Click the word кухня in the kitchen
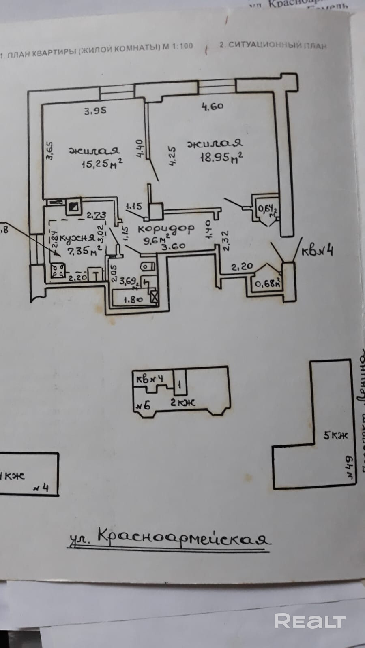[77, 238]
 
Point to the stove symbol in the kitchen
[58, 271]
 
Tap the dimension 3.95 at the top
[95, 111]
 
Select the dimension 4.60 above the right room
[213, 107]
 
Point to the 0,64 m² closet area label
[266, 210]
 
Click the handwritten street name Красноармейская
[169, 538]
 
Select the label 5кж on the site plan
[336, 436]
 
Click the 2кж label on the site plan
[182, 402]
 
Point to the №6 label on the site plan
[143, 404]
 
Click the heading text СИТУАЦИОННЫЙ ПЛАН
[273, 45]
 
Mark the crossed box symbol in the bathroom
[154, 296]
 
